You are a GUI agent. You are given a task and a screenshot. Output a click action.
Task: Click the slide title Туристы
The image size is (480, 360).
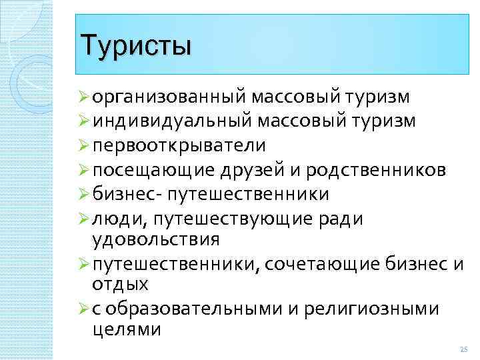pos(135,46)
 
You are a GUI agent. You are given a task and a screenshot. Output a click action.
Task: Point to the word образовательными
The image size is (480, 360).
pos(194,309)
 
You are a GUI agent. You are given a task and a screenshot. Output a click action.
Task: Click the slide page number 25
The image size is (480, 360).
pos(464,350)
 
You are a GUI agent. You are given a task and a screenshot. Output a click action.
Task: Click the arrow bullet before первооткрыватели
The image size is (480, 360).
pos(85,145)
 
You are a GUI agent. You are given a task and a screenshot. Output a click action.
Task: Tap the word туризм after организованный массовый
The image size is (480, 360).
pos(378,99)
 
